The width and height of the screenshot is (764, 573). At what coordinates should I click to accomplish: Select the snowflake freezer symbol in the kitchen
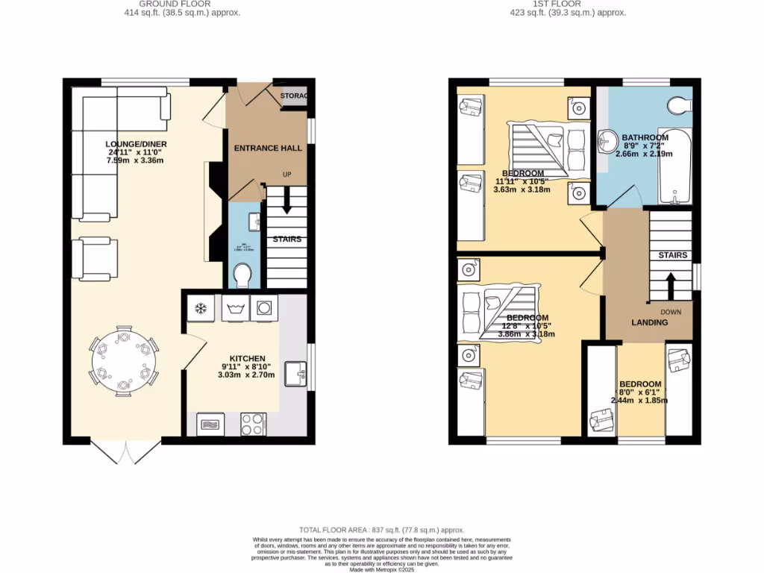pyautogui.click(x=201, y=307)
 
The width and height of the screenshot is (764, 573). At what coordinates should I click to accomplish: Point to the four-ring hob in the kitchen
pyautogui.click(x=253, y=424)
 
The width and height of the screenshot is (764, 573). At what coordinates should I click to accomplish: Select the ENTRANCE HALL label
pyautogui.click(x=268, y=148)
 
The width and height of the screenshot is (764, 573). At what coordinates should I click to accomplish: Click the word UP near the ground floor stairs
pyautogui.click(x=286, y=175)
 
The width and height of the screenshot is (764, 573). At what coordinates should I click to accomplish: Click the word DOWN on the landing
pyautogui.click(x=669, y=310)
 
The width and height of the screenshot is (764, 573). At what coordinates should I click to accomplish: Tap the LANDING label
pyautogui.click(x=649, y=323)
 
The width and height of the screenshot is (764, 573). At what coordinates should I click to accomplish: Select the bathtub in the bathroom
pyautogui.click(x=675, y=166)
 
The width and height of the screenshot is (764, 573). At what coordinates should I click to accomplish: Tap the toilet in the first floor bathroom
pyautogui.click(x=681, y=106)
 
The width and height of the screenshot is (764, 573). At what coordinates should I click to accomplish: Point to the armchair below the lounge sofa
pyautogui.click(x=95, y=259)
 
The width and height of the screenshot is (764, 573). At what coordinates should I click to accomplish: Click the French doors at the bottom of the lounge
pyautogui.click(x=126, y=452)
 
